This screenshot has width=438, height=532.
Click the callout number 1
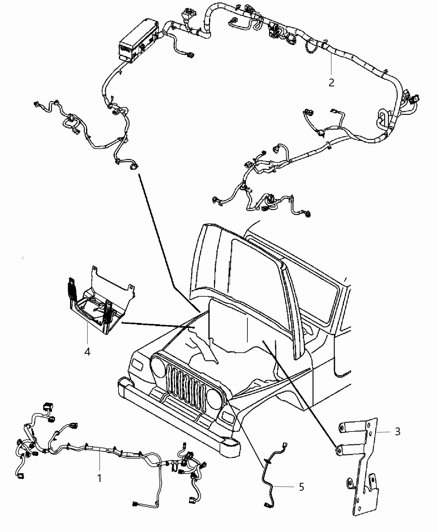[99, 479]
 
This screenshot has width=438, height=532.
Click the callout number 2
[331, 82]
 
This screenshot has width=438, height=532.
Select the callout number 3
[398, 431]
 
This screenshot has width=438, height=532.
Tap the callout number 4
[87, 352]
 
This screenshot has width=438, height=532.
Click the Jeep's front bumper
[175, 417]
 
